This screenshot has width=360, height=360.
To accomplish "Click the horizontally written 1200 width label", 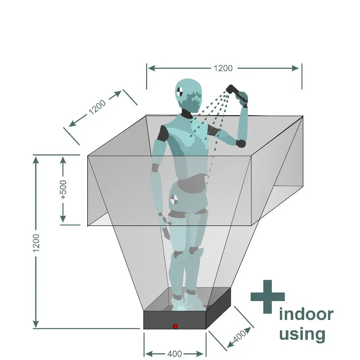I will [223, 68].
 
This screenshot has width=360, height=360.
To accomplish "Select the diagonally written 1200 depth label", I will [97, 107].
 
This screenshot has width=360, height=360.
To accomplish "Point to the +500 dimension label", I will [63, 189].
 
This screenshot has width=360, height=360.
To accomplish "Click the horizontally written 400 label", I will [175, 354].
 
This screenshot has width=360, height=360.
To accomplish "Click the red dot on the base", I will [175, 326].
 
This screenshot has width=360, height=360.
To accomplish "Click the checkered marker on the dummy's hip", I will [174, 199].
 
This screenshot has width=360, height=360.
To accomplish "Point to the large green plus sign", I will [268, 297].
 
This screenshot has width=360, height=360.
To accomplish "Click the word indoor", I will [306, 314].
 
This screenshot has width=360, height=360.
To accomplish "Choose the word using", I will [302, 334].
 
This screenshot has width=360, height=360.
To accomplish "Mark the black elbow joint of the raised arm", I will [241, 144].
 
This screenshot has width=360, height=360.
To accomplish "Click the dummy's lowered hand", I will [166, 233].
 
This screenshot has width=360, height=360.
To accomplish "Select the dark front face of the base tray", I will [175, 320].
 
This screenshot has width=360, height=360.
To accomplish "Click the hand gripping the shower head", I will [243, 96].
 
